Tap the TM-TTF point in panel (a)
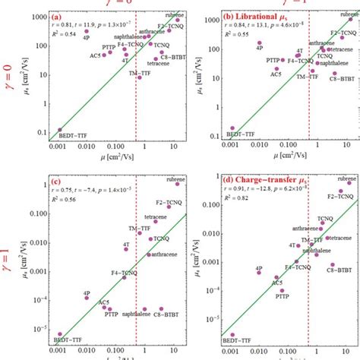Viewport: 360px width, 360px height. [x=139, y=77]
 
